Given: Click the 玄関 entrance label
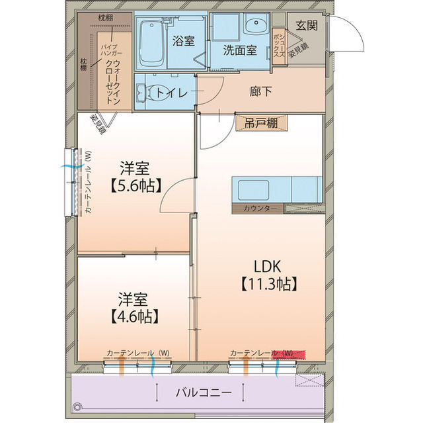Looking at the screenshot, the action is [x=307, y=25].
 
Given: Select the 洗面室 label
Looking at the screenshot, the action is [x=240, y=50].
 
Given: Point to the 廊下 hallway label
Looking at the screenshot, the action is [x=260, y=91].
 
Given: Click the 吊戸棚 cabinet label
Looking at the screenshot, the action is [x=261, y=123].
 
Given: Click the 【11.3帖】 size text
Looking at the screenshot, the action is [x=268, y=284].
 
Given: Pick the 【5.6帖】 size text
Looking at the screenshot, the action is [x=136, y=185].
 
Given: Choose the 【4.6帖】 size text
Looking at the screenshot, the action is [x=134, y=316].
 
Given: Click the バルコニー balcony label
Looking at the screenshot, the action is [x=204, y=392].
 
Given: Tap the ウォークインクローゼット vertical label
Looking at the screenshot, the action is [x=113, y=82].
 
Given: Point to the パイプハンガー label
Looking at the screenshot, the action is [x=112, y=50].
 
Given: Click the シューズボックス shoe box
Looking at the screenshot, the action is [x=279, y=46].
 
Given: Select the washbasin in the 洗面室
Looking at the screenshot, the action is [x=256, y=24].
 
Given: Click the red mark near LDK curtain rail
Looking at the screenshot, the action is [x=289, y=355].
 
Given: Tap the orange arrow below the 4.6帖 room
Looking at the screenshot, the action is [x=122, y=366].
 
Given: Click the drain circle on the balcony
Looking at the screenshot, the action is [x=77, y=407].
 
